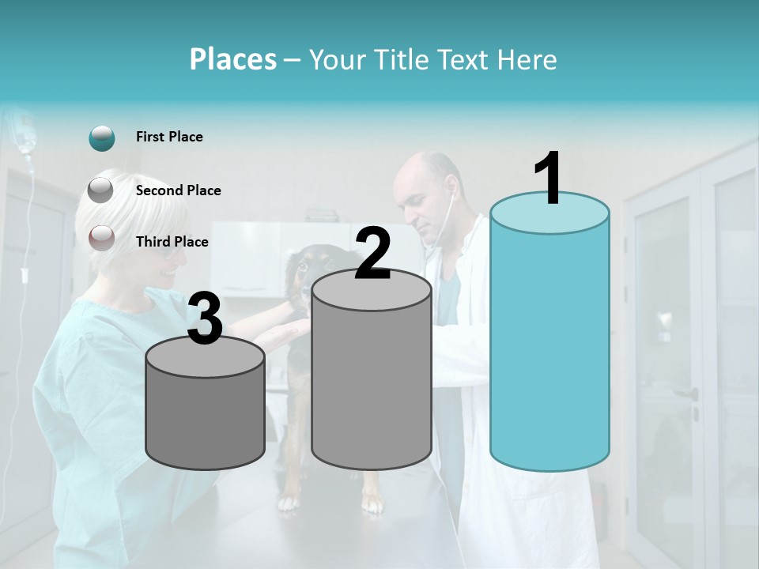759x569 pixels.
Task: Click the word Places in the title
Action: tap(233, 59)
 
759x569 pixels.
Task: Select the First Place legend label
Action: tap(169, 137)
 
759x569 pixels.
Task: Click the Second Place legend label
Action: tap(178, 190)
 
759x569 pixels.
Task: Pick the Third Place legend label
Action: tap(172, 242)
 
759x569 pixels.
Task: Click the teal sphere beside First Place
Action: tap(102, 138)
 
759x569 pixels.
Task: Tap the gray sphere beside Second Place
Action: tap(100, 190)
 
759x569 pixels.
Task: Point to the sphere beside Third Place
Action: tap(101, 237)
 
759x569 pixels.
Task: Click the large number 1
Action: tap(549, 179)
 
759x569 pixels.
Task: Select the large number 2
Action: tap(372, 254)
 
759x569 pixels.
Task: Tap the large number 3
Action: tap(206, 319)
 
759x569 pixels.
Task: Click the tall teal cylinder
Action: tap(549, 340)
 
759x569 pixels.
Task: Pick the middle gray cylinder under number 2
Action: tap(372, 379)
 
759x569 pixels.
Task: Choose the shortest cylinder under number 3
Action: tap(206, 415)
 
